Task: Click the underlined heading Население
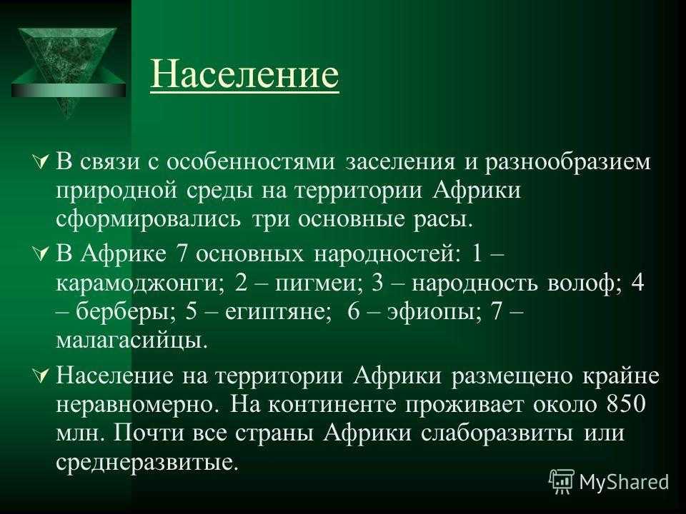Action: (244, 74)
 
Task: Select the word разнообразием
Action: (567, 162)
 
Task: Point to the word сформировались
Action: (148, 219)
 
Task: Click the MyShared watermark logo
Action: (609, 481)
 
